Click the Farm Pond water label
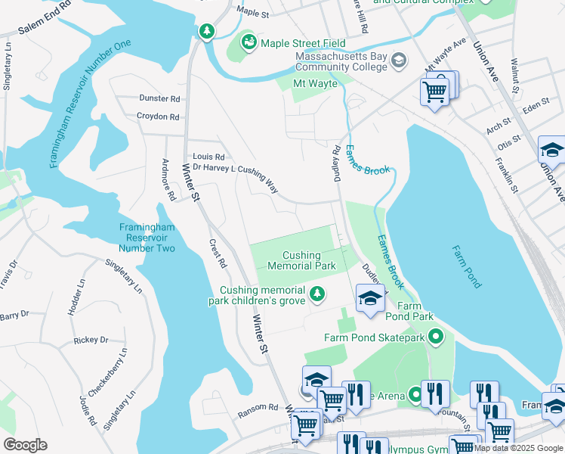[466, 266]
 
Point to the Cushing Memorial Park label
[301, 261]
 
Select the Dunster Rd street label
[159, 98]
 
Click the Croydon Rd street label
[158, 117]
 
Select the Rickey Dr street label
[91, 340]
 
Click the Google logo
[25, 445]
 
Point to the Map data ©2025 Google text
[519, 449]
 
